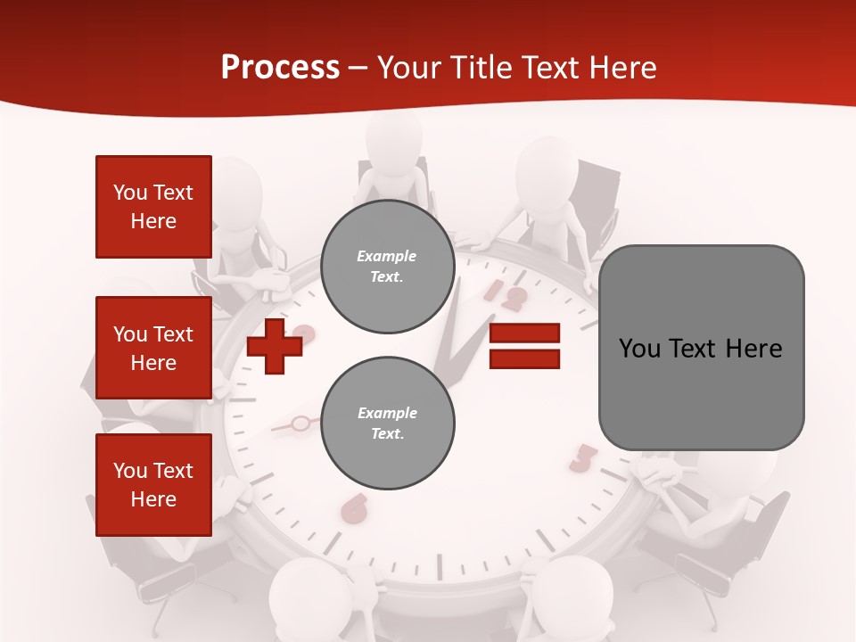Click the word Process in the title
click(x=280, y=68)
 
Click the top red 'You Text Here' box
click(x=153, y=207)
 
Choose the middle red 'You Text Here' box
click(x=153, y=348)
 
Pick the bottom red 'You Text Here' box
click(x=153, y=485)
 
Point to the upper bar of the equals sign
click(x=524, y=333)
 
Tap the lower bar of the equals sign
click(x=524, y=359)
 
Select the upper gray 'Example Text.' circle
click(x=387, y=267)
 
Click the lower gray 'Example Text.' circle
click(x=387, y=424)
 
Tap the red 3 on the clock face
click(x=582, y=457)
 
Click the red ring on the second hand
click(x=301, y=423)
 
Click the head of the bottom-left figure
click(x=307, y=588)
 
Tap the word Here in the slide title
click(x=621, y=68)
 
